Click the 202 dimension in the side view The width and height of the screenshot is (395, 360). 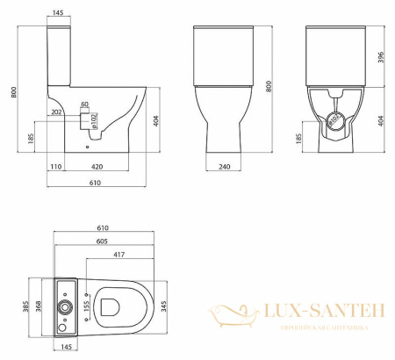pyautogui.click(x=57, y=112)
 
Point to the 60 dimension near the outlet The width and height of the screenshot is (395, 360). pyautogui.click(x=85, y=105)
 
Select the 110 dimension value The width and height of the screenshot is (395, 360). pyautogui.click(x=54, y=165)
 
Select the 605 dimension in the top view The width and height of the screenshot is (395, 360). pyautogui.click(x=104, y=241)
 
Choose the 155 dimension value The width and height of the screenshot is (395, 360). pyautogui.click(x=88, y=306)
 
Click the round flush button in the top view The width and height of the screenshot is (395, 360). pyautogui.click(x=65, y=306)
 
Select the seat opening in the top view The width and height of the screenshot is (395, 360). pyautogui.click(x=112, y=306)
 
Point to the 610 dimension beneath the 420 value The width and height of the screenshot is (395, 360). pyautogui.click(x=94, y=183)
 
